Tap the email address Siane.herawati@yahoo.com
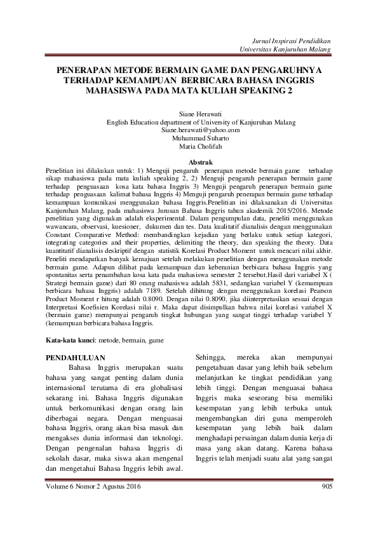[x=189, y=130]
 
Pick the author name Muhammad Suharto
[x=189, y=139]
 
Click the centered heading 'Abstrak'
[x=189, y=163]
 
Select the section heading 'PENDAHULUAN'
[x=76, y=358]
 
